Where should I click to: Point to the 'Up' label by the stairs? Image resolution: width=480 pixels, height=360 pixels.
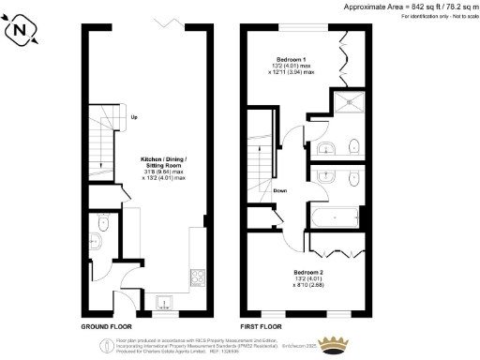(134, 117)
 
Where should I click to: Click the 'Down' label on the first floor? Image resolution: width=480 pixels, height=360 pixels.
(279, 191)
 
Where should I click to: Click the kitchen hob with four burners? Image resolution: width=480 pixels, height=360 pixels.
(198, 277)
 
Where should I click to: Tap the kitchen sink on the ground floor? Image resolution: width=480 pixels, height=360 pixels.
(163, 302)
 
